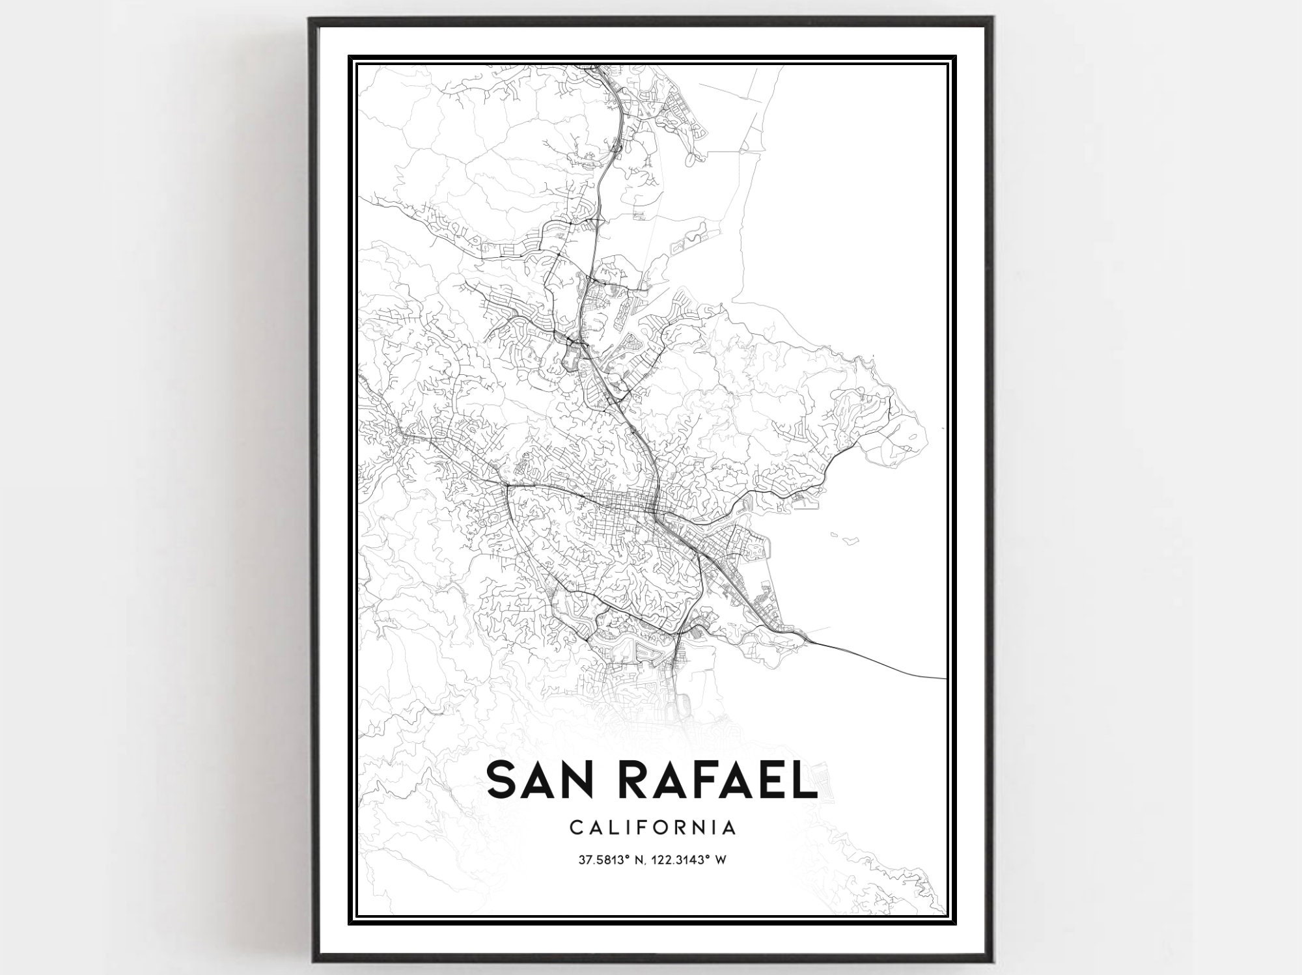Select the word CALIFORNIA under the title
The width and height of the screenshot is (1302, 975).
652,828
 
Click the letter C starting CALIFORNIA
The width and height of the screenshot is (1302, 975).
576,828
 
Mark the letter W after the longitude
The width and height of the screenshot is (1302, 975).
721,860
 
